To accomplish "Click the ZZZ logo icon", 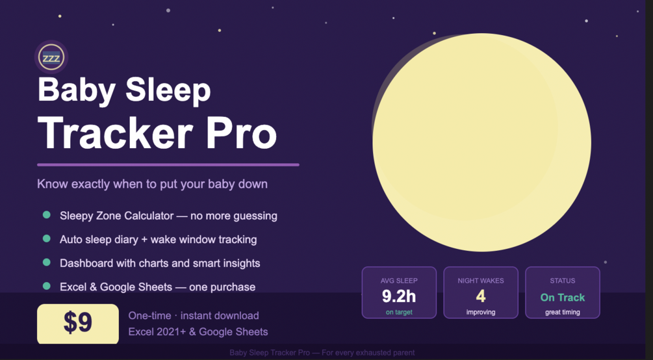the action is (51, 57).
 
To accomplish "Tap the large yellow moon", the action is (481, 142).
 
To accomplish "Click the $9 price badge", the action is (78, 324).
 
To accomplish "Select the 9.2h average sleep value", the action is (398, 296).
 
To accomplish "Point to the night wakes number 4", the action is (481, 296).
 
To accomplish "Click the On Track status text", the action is (563, 297).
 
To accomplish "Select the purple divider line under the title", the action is (168, 164).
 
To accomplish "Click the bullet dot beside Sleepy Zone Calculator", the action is (47, 215).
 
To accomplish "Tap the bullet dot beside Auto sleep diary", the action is (47, 238).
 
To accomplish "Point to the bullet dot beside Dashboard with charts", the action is (47, 262).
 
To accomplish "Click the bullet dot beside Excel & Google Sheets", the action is (47, 286).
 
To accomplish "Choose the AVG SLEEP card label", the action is (399, 281).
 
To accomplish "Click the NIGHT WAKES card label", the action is (481, 281).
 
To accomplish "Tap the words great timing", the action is (563, 312).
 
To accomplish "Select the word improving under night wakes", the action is (481, 312).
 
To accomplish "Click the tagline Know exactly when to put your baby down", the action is (153, 184).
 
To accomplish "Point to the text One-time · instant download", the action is (194, 315).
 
